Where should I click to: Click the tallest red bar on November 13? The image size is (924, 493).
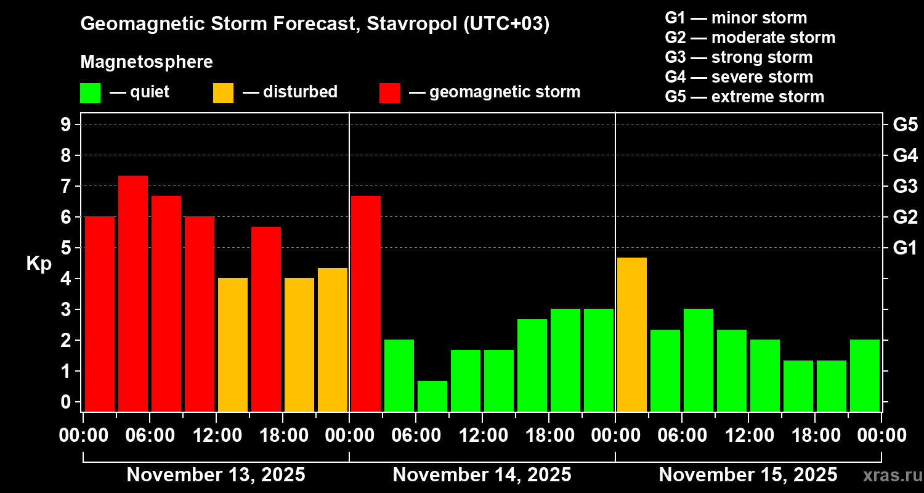coord(133,293)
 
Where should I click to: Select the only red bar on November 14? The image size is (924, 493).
coord(366,303)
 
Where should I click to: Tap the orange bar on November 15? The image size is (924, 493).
coord(632,334)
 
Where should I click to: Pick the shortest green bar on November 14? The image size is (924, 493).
coord(432,396)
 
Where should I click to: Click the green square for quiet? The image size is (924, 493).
coord(90,93)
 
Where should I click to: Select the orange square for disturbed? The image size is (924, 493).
coord(223,93)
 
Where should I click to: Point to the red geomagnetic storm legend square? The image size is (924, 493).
coord(389,93)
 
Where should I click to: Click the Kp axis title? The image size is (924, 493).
coord(39,263)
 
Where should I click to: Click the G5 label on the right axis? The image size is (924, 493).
coord(905,124)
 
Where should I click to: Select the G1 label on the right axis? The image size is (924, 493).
coord(905,248)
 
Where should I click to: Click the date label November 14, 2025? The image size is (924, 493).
coord(482,475)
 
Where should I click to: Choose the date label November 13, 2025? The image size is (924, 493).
coord(216,475)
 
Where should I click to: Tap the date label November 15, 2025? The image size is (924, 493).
coord(748,475)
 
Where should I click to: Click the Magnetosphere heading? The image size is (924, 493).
coord(147,62)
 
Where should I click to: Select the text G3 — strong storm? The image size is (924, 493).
coord(739,57)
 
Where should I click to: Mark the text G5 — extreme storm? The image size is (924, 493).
coord(744,97)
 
